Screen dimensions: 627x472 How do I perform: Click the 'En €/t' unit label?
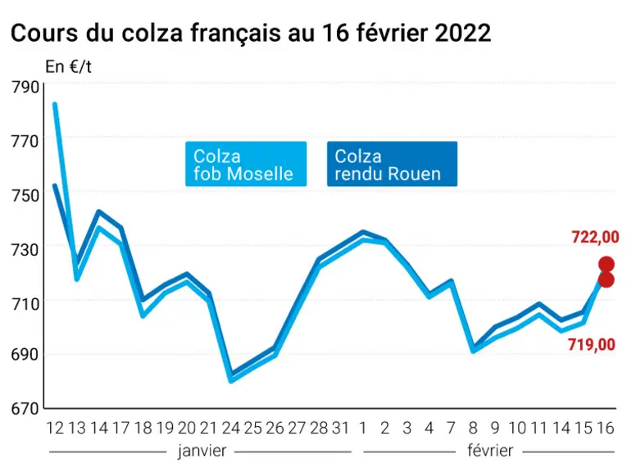pos(68,66)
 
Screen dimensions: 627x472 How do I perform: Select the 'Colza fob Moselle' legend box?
pos(246,164)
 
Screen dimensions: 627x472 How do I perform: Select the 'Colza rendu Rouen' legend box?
pos(392,164)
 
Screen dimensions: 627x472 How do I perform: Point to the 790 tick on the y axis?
pos(25,87)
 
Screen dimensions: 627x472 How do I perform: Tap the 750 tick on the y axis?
pos(25,195)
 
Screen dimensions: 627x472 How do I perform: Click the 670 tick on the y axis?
pos(25,408)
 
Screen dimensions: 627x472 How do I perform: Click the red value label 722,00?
pos(595,237)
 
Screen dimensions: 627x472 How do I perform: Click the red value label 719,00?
pos(592,344)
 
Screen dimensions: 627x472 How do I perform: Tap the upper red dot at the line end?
pos(607,264)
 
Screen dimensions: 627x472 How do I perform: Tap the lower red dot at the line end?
pos(607,279)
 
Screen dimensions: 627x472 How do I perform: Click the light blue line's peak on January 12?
pos(55,104)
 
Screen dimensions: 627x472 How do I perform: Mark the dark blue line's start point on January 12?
pos(55,185)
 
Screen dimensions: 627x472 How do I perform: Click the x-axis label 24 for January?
pos(231,428)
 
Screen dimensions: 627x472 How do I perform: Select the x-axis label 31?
pos(341,428)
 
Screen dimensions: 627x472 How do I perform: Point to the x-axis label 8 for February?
pos(473,428)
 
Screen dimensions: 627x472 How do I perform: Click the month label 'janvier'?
pos(202,451)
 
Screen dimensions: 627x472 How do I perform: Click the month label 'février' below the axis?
pos(490,451)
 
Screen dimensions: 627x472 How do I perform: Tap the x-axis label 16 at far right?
pos(605,428)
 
